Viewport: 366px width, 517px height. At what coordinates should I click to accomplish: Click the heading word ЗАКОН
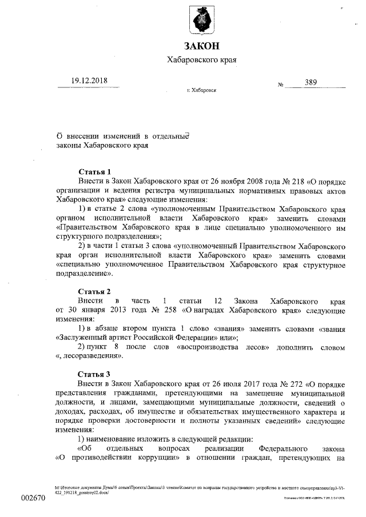201,46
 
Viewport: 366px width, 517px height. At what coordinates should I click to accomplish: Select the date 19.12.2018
90,81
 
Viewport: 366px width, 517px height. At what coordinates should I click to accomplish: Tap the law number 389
311,82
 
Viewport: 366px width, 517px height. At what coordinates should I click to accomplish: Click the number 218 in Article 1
266,180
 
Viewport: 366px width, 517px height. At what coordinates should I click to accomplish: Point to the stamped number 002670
33,498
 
